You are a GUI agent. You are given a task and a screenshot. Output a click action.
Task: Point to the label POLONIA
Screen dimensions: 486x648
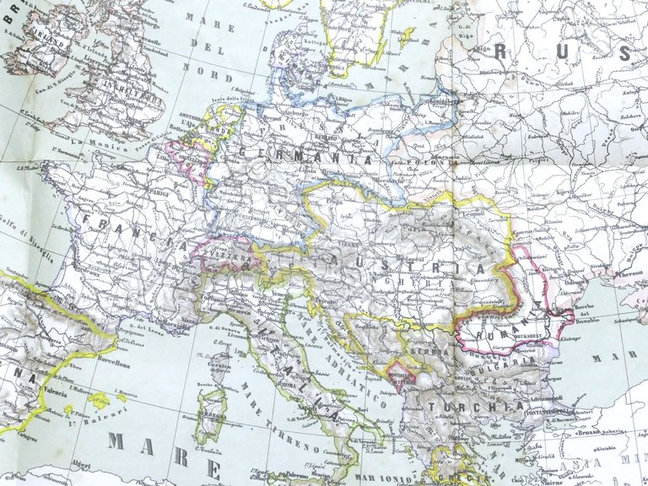[x=418, y=157]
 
